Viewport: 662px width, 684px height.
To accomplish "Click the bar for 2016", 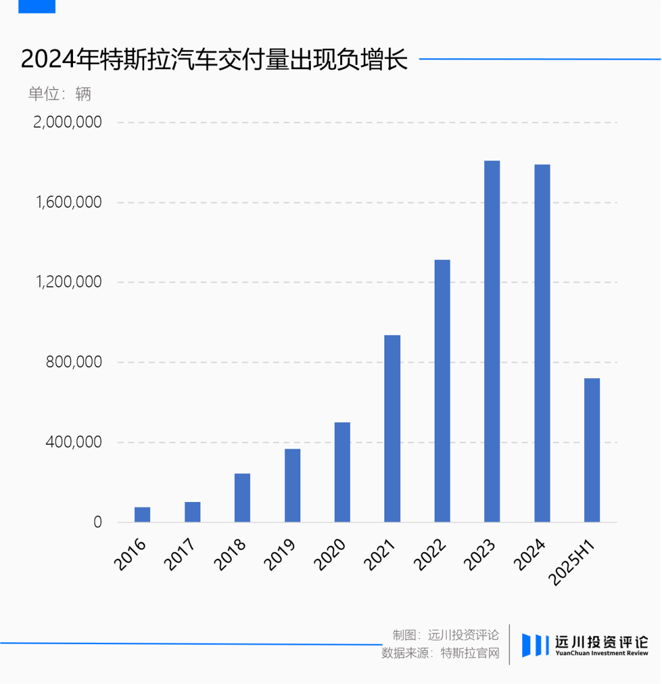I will click(x=142, y=515).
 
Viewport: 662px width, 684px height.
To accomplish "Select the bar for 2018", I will click(x=242, y=498).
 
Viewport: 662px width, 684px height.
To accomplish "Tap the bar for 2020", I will click(x=342, y=472).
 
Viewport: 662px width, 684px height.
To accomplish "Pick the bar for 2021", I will click(x=392, y=428).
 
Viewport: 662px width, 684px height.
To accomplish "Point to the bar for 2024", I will click(x=542, y=343).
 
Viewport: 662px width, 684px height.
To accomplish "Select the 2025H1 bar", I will click(x=592, y=450).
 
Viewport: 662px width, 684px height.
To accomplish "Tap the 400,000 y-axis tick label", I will click(x=74, y=442).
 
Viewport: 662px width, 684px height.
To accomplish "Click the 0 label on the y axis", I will click(x=97, y=522).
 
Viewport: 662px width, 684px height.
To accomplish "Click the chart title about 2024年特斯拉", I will click(x=215, y=60).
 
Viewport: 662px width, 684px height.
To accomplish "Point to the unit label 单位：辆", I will click(x=59, y=94).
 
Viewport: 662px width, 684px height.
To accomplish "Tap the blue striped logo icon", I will click(x=535, y=645).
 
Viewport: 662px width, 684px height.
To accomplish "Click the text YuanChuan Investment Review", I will click(x=601, y=653).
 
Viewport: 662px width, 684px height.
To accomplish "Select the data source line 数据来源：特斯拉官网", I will click(x=440, y=653).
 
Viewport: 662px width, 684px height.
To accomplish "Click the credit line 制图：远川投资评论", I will click(x=446, y=634).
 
